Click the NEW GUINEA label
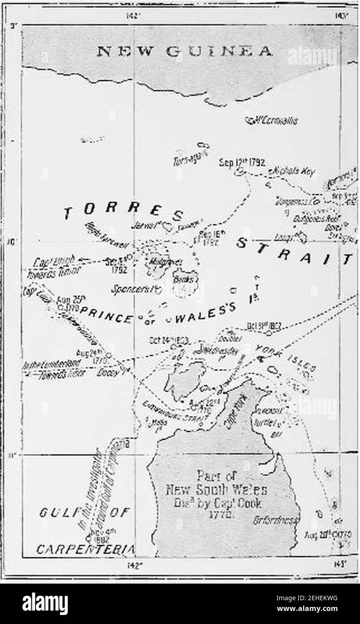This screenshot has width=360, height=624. tap(184, 52)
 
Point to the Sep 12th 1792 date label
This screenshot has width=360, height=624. tap(242, 162)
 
